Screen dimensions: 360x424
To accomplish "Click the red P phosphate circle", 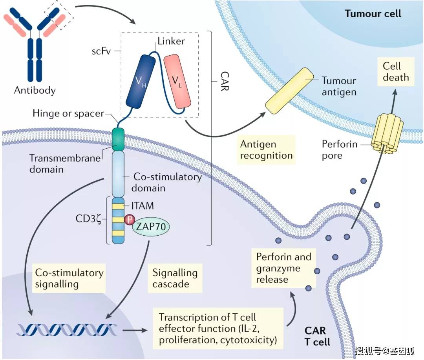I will pyautogui.click(x=129, y=220).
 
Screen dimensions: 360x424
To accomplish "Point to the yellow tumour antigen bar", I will pyautogui.click(x=289, y=90).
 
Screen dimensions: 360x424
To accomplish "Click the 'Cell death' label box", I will pyautogui.click(x=396, y=71).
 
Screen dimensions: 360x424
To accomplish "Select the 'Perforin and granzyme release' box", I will pyautogui.click(x=283, y=268).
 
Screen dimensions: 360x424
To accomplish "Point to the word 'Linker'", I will pyautogui.click(x=171, y=41).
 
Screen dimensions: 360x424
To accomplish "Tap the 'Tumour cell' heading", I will pyautogui.click(x=373, y=14).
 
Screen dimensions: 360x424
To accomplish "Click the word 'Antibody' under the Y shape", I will pyautogui.click(x=35, y=90).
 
